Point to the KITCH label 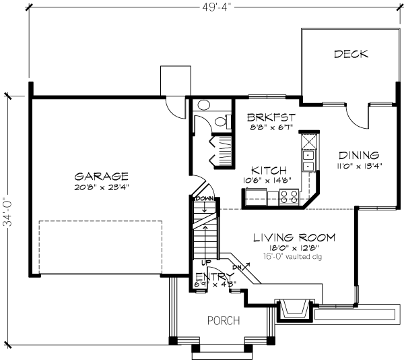pos(269,170)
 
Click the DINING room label pos(358,154)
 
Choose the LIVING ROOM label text pos(294,238)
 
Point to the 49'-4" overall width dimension pos(209,9)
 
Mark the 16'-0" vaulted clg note pos(294,257)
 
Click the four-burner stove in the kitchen pos(290,197)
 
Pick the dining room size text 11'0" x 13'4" pos(358,166)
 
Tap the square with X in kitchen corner pos(308,142)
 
